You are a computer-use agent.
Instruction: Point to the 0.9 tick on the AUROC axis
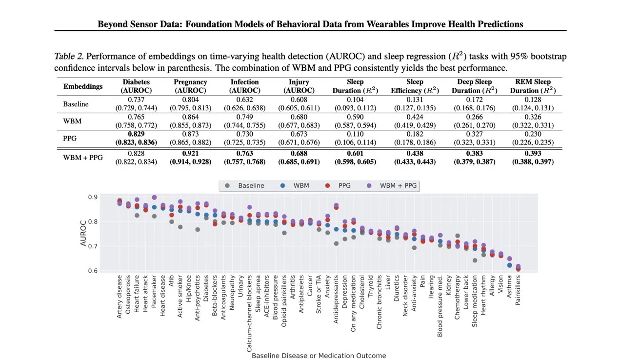[x=92, y=197]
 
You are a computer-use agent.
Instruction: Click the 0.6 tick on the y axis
[x=92, y=271]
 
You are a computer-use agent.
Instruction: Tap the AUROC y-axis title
[x=83, y=234]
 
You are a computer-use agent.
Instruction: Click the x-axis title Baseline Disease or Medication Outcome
[x=319, y=356]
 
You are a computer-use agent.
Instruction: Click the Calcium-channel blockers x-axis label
[x=249, y=312]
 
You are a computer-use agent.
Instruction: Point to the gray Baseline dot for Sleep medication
[x=475, y=260]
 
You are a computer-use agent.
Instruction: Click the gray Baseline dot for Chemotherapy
[x=458, y=236]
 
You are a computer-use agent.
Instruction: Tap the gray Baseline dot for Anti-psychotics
[x=198, y=230]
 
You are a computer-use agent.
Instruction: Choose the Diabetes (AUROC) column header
[x=136, y=86]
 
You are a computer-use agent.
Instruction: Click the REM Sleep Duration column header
[x=533, y=86]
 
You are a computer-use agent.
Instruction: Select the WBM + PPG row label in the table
[x=83, y=158]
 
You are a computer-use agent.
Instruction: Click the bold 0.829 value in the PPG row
[x=136, y=134]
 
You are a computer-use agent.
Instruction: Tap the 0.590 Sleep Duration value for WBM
[x=355, y=117]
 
